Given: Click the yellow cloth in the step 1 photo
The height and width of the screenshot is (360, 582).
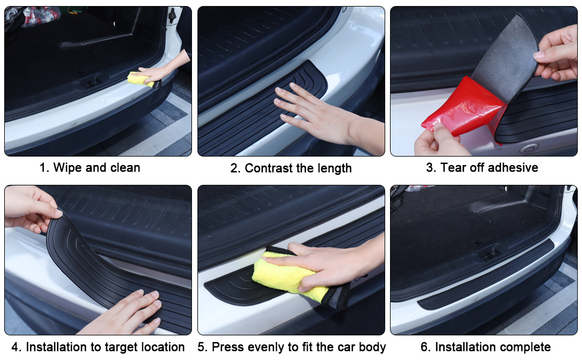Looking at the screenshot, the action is tap(140, 79).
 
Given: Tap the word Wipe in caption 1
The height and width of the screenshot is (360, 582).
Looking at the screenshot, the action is tap(68, 168).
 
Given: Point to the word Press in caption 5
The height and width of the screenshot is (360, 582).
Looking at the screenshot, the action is tap(227, 347).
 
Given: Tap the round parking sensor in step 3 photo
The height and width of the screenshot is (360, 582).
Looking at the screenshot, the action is tap(529, 149).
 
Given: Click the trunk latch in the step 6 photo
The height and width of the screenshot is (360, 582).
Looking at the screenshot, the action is tap(489, 254).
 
